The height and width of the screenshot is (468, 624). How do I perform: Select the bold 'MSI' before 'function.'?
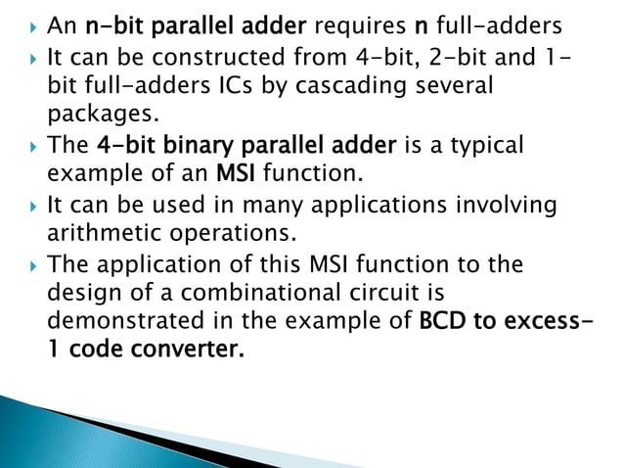tap(234, 175)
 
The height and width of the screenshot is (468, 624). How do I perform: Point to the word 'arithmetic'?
tap(101, 234)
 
